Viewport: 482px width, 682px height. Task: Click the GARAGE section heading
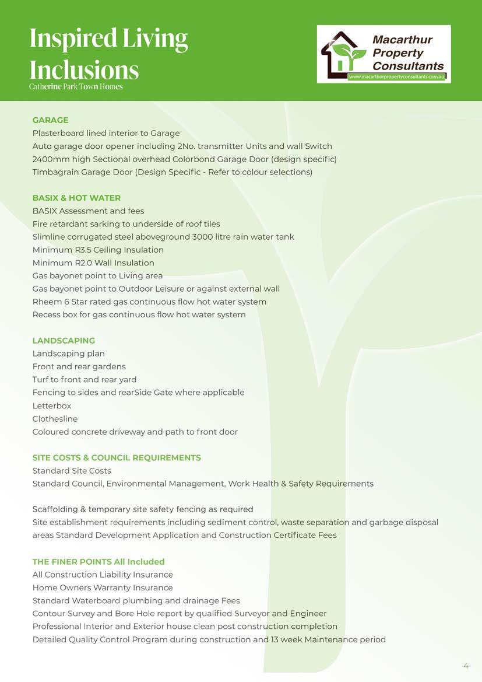tap(50, 120)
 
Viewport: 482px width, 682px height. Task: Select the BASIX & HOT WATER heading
tap(76, 198)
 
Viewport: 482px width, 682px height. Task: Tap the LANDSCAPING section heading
tap(64, 341)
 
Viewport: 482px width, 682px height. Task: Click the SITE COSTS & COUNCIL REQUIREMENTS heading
tap(117, 458)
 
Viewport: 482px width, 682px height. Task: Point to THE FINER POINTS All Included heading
tap(98, 562)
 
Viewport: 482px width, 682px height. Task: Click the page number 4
tap(466, 666)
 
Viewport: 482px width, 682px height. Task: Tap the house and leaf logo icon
tap(343, 53)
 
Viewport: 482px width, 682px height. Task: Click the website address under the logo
tap(397, 77)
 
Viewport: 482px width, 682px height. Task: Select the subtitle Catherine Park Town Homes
tap(76, 87)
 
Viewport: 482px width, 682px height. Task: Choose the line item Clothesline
tap(55, 419)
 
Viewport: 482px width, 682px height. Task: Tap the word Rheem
tap(45, 302)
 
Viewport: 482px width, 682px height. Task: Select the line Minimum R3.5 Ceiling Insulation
tap(98, 250)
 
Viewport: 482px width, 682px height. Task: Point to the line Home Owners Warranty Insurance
tap(103, 588)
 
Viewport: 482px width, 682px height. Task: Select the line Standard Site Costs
tap(72, 471)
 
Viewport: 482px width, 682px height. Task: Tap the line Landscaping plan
tap(69, 354)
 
